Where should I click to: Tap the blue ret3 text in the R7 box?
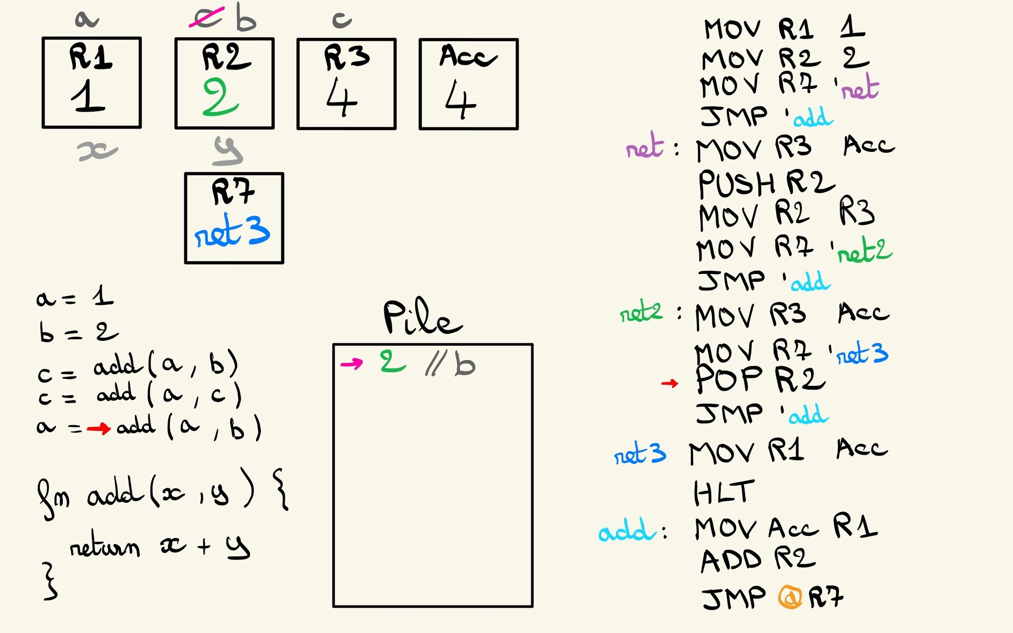coord(232,231)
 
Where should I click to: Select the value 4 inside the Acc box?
coord(460,99)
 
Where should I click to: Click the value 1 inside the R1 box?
coord(88,96)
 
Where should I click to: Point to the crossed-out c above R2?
coord(207,18)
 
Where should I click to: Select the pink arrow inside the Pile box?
coord(352,363)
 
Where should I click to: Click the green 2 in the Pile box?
coord(392,362)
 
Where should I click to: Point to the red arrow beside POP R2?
coord(670,384)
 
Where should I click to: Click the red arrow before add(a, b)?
coord(98,428)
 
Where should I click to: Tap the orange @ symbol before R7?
coord(790,597)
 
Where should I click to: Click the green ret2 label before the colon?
coord(641,311)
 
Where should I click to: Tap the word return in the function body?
coord(105,546)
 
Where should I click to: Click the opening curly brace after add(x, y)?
coord(281,489)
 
